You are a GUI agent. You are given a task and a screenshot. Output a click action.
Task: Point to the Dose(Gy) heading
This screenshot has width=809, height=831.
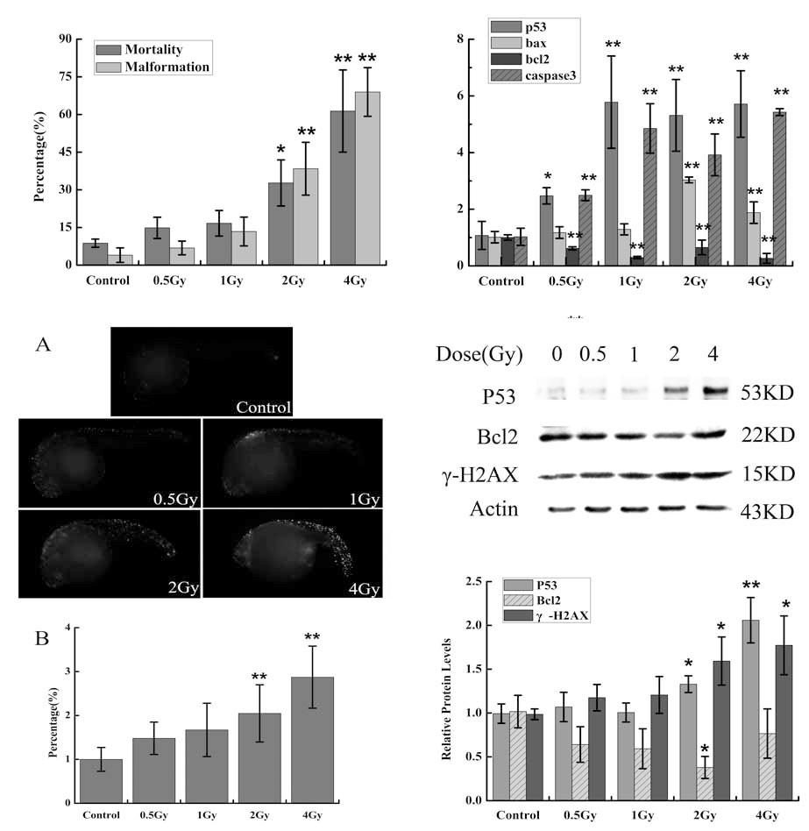point(479,355)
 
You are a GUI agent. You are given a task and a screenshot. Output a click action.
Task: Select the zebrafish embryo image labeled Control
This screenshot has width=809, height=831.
point(201,372)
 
